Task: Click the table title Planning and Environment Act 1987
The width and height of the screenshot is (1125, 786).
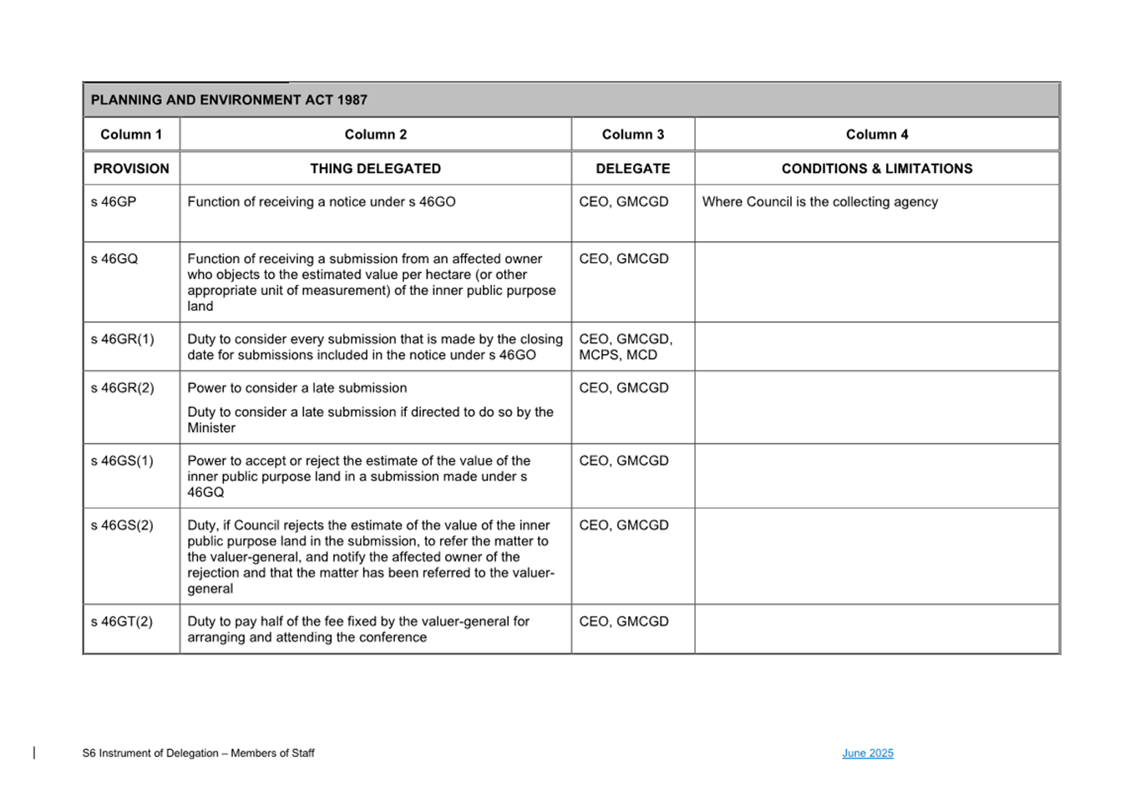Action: (229, 99)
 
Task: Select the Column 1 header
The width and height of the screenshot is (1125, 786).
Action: (131, 134)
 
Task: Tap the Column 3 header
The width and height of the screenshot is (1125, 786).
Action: (632, 134)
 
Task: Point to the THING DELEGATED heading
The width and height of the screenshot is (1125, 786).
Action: (375, 169)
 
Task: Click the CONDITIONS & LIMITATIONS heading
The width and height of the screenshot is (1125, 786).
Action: (876, 169)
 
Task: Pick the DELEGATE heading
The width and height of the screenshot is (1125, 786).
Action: (632, 169)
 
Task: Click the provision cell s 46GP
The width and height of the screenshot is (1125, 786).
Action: (114, 202)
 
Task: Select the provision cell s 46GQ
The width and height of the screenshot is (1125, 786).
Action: (114, 259)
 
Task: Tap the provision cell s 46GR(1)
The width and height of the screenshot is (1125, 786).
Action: (123, 339)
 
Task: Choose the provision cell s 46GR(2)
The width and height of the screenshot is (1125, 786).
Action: (123, 388)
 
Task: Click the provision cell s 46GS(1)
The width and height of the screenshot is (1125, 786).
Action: (122, 460)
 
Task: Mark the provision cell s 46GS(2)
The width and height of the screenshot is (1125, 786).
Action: (122, 525)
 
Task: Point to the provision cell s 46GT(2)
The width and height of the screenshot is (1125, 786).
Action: (122, 621)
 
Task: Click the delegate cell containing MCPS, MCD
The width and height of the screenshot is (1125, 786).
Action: (618, 355)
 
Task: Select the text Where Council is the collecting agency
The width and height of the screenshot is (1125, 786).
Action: (819, 202)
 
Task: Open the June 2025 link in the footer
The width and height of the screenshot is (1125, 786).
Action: (867, 753)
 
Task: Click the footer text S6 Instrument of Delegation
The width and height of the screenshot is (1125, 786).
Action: (198, 753)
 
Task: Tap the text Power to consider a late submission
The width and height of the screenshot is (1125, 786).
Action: (297, 388)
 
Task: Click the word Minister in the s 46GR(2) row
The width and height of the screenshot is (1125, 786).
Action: (211, 428)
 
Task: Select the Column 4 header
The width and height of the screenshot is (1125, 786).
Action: (876, 134)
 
